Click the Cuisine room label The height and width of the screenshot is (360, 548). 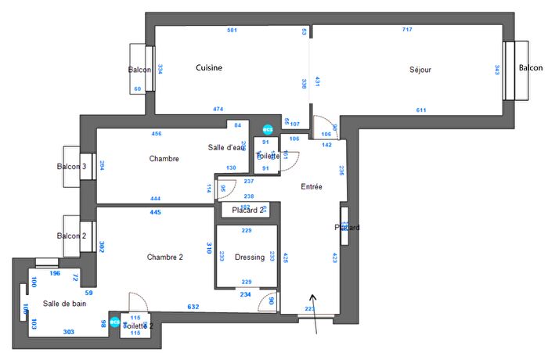pos(209,68)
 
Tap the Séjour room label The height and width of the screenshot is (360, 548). pos(420,70)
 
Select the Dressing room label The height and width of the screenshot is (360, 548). pos(249,257)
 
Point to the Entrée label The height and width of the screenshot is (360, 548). pos(312,187)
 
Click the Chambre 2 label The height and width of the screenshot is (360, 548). pos(164,257)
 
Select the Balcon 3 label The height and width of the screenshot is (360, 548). pos(72,167)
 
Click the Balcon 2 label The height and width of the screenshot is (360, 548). pos(71,236)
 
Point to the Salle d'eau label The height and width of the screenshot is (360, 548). pos(226,148)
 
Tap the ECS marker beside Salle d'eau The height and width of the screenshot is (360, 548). pos(268,129)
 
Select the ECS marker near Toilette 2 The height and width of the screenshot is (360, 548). pos(115,322)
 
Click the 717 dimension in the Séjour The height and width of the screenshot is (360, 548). pos(407,31)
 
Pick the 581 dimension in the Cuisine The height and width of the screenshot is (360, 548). pos(232,31)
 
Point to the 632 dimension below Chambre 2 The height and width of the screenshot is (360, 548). pos(193,306)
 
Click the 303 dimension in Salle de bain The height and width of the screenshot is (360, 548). pos(69,333)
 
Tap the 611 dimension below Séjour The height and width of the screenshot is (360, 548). pos(421,110)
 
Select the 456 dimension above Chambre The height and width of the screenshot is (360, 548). pos(157,134)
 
